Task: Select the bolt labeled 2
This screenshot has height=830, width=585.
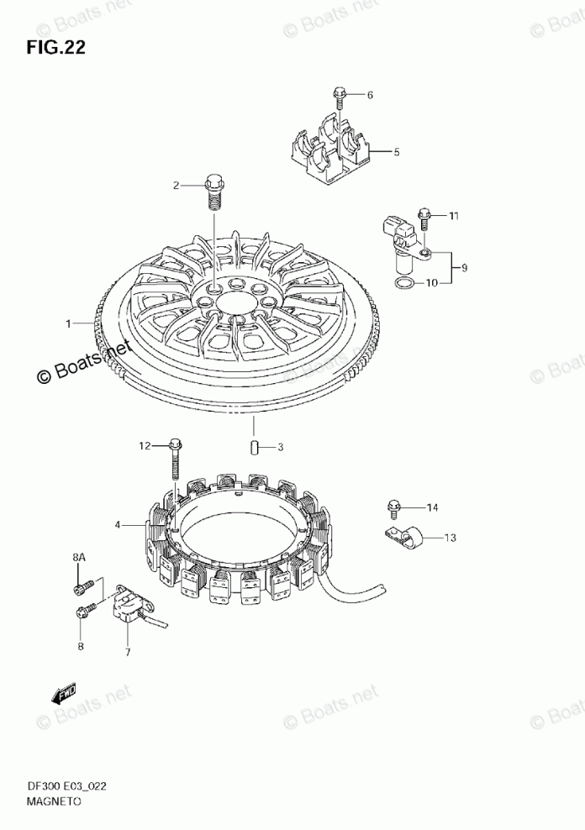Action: [213, 190]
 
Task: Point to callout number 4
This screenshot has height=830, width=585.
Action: [119, 525]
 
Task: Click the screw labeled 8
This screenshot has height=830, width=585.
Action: [82, 613]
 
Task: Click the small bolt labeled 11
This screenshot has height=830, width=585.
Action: [424, 220]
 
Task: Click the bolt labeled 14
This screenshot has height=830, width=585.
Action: [393, 507]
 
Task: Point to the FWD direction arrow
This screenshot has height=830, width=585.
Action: [62, 693]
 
